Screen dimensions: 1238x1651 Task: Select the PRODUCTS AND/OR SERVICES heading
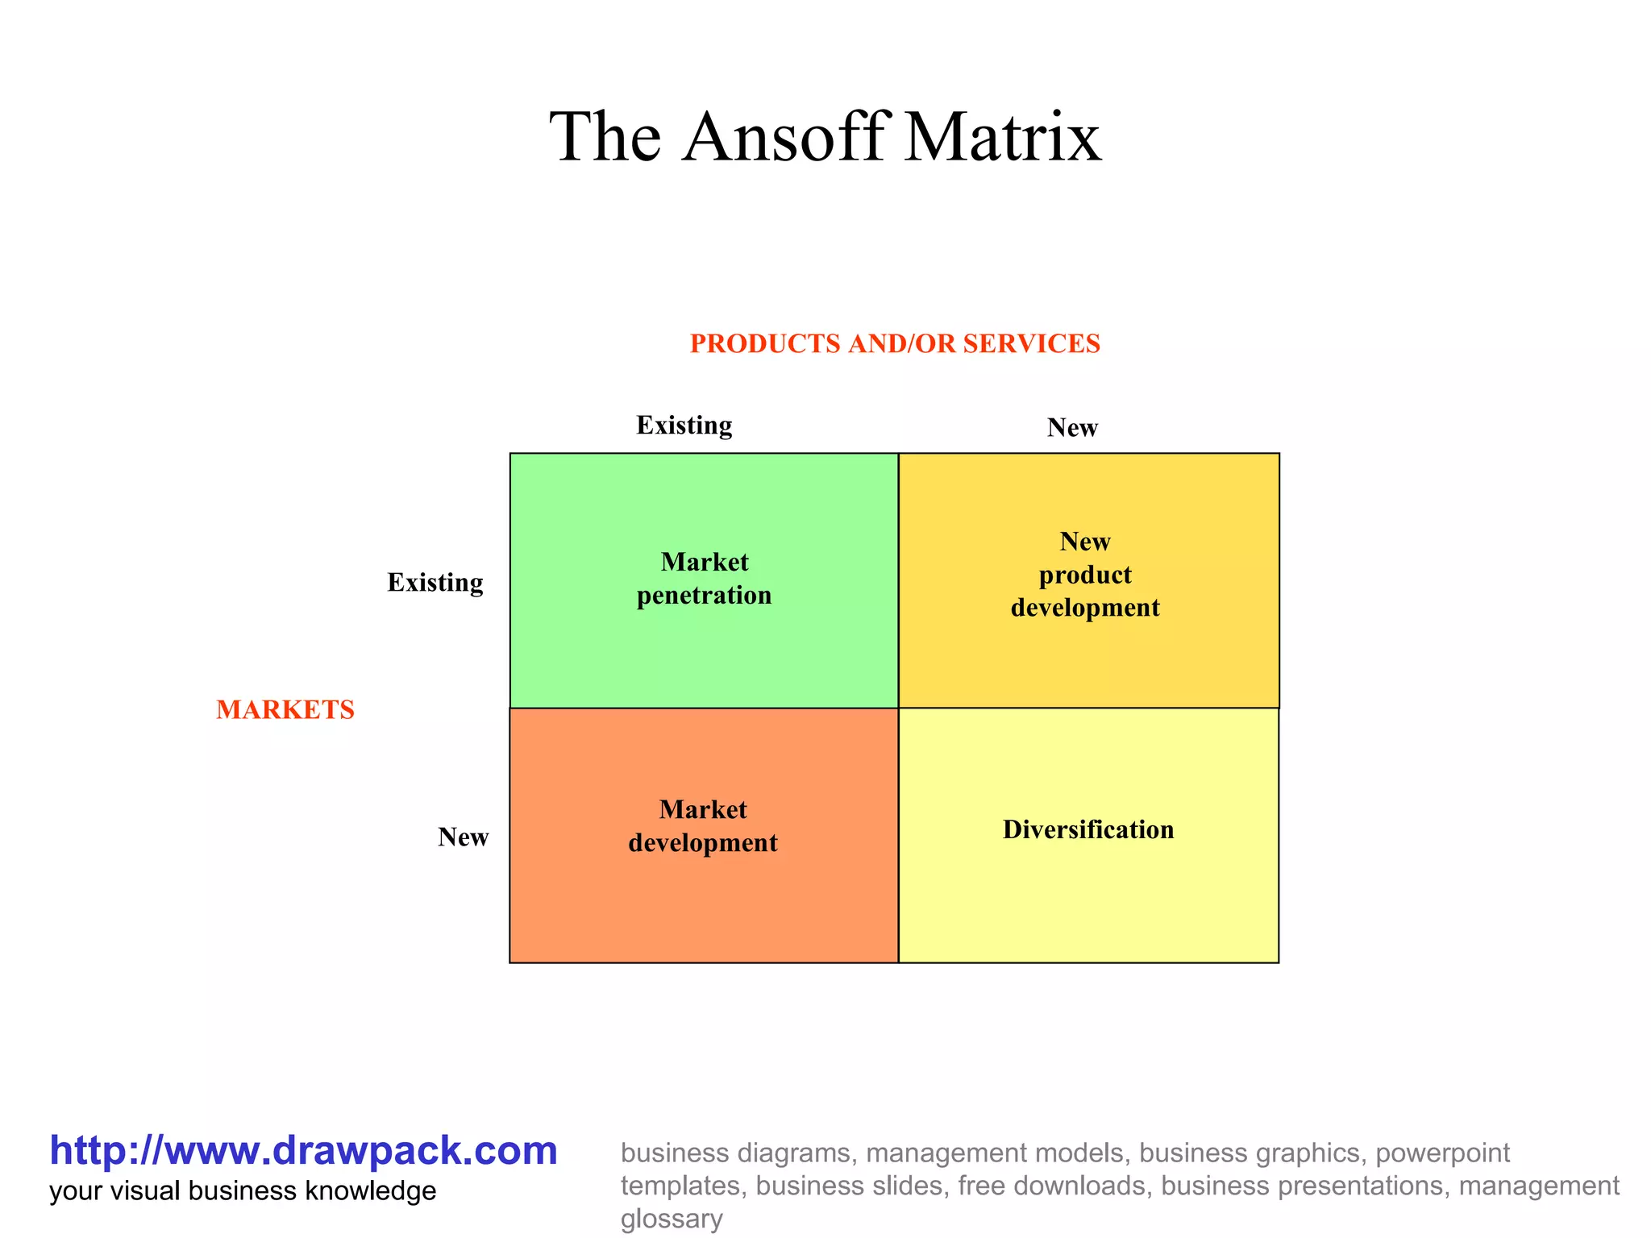click(x=895, y=344)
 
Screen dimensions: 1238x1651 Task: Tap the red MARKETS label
click(x=285, y=710)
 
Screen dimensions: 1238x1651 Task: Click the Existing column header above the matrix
click(x=684, y=425)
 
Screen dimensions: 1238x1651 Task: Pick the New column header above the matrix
click(x=1072, y=427)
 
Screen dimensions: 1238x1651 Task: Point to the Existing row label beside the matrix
click(x=435, y=582)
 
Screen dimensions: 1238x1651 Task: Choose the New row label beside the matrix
click(x=464, y=837)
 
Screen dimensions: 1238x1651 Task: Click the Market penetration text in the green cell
click(x=704, y=579)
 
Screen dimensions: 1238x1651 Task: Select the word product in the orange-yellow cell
click(x=1085, y=575)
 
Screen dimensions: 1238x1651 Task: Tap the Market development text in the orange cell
click(x=703, y=826)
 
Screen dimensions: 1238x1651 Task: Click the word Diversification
click(x=1088, y=829)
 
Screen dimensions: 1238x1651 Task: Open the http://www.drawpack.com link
click(x=304, y=1150)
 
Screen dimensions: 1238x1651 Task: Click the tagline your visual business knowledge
click(x=243, y=1191)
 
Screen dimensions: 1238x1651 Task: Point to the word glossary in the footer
click(x=672, y=1219)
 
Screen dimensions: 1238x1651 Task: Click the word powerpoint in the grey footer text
click(x=1442, y=1153)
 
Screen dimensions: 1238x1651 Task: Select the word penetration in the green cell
click(x=704, y=596)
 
